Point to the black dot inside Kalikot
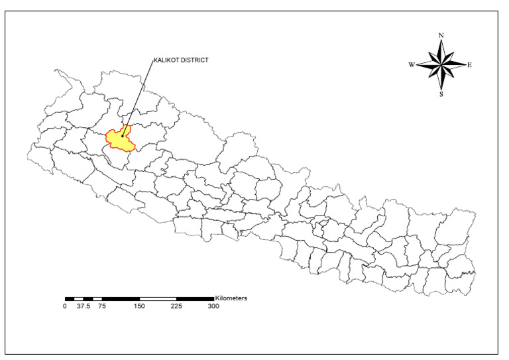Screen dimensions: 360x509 coord(123,136)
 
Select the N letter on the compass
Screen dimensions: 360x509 coord(441,35)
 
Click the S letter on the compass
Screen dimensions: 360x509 coord(441,94)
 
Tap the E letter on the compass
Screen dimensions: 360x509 coord(469,65)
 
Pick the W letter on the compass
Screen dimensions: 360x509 coord(412,65)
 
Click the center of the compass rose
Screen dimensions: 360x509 coord(441,64)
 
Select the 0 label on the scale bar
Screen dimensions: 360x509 coord(65,306)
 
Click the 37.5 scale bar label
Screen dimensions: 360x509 coord(83,306)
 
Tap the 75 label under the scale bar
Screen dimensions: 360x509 coord(102,306)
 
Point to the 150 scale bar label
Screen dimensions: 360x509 coord(139,306)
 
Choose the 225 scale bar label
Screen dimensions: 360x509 coord(176,306)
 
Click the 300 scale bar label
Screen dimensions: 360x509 coord(213,306)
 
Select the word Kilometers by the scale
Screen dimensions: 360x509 coord(231,298)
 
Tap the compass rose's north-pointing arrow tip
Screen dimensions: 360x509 coord(441,41)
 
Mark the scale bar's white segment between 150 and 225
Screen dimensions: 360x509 coord(158,299)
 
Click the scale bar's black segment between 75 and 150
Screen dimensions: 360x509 coord(121,299)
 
